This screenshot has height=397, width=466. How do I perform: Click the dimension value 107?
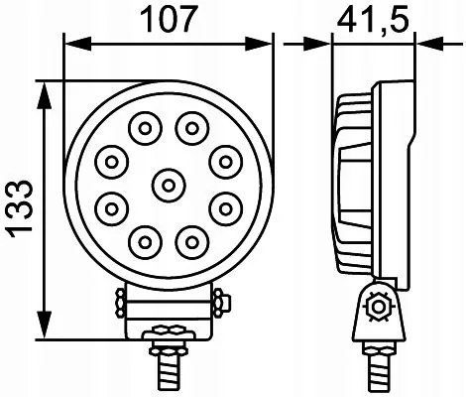tap(168, 20)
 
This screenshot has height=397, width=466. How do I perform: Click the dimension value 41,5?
tap(375, 20)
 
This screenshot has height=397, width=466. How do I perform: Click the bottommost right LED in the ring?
tap(189, 239)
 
